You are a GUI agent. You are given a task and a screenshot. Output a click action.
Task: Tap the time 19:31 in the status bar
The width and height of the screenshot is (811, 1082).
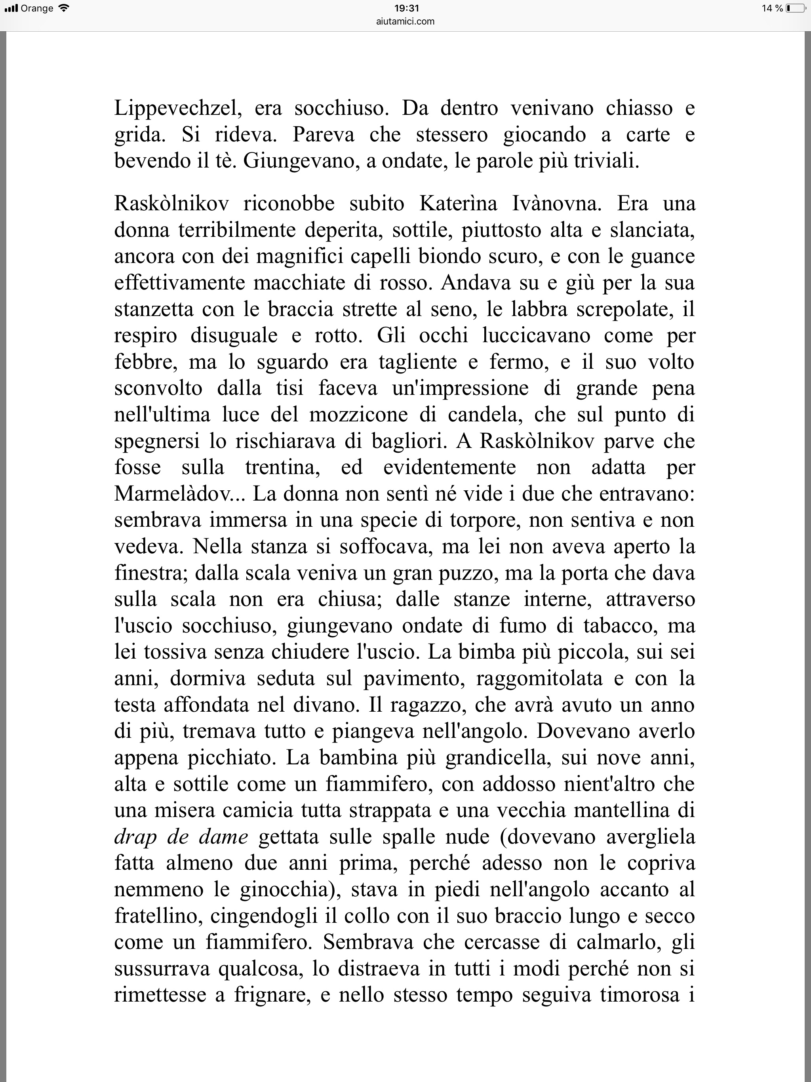click(406, 8)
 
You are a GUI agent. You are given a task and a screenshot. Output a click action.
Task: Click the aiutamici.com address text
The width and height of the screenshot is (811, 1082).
click(405, 21)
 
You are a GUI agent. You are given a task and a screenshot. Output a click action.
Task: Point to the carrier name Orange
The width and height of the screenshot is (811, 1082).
click(37, 8)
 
